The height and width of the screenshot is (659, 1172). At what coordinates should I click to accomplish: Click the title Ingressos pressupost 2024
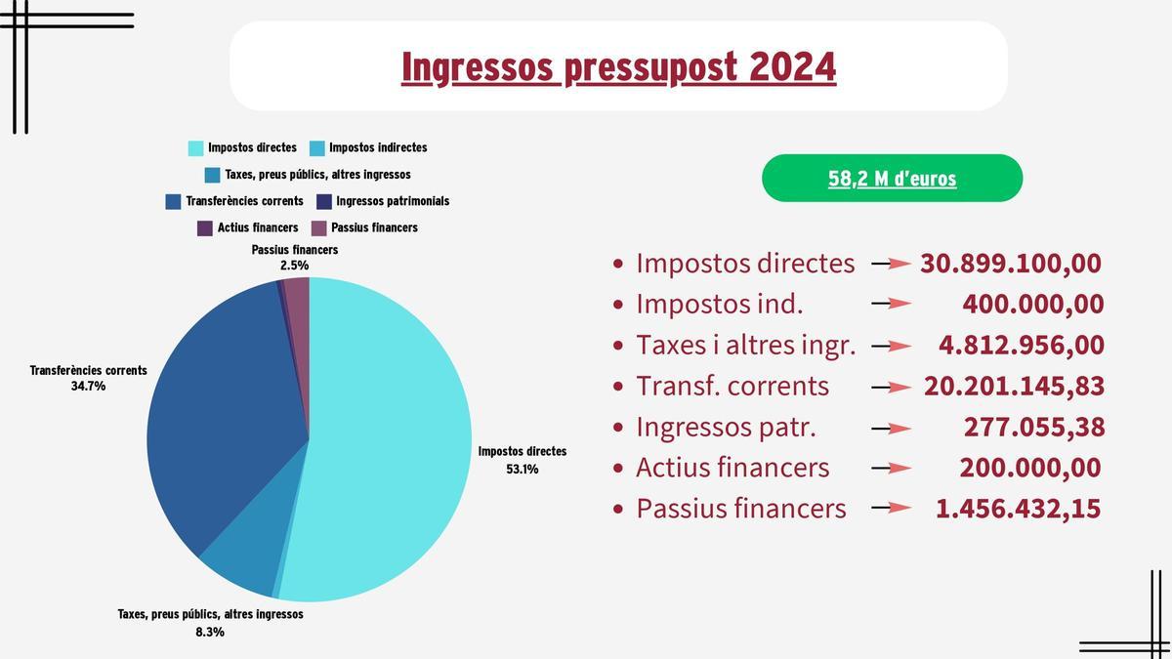tap(618, 67)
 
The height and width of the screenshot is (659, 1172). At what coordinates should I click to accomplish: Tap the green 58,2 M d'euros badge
tap(892, 179)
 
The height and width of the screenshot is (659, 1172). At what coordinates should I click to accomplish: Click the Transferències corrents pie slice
tap(225, 400)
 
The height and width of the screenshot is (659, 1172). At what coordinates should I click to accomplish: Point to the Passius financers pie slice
tap(298, 293)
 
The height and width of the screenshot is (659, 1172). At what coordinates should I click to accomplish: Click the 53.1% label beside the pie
tap(522, 469)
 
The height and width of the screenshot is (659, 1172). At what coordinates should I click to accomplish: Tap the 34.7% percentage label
tap(88, 387)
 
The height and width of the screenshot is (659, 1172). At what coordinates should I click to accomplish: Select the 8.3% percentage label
tap(210, 632)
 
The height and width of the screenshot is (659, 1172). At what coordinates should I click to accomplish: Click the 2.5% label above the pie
tap(294, 265)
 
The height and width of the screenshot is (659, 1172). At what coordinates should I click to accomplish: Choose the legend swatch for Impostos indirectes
tap(316, 148)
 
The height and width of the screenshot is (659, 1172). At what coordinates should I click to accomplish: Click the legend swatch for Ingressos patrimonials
tap(324, 202)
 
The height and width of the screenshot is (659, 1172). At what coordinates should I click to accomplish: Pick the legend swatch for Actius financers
tap(205, 228)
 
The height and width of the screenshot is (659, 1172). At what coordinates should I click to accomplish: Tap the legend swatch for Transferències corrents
tap(174, 202)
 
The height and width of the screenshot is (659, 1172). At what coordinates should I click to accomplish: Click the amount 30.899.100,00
tap(1011, 264)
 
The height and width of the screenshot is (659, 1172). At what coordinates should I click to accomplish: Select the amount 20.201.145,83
tap(1014, 387)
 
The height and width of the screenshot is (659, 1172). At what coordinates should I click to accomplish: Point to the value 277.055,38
tap(1033, 428)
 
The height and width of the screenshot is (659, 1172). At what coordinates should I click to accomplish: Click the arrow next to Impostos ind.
tap(891, 305)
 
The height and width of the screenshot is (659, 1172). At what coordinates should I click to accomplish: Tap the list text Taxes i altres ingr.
tap(745, 346)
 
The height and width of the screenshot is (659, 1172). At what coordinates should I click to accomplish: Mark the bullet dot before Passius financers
tap(617, 510)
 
